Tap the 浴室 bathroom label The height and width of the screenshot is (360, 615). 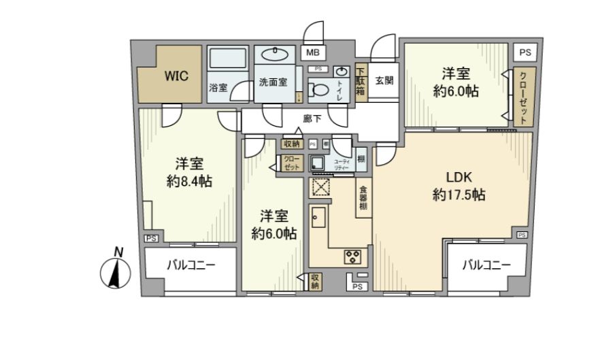[x=218, y=88]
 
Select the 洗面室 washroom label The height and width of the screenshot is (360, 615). [x=273, y=82]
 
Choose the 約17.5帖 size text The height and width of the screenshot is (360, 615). [x=459, y=195]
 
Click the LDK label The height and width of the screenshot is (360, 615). [x=459, y=178]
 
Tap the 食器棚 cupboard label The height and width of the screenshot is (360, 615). [x=364, y=198]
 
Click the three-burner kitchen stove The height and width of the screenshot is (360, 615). [x=353, y=257]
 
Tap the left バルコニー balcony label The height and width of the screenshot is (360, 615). [x=190, y=265]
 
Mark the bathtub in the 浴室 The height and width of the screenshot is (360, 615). [x=228, y=60]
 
